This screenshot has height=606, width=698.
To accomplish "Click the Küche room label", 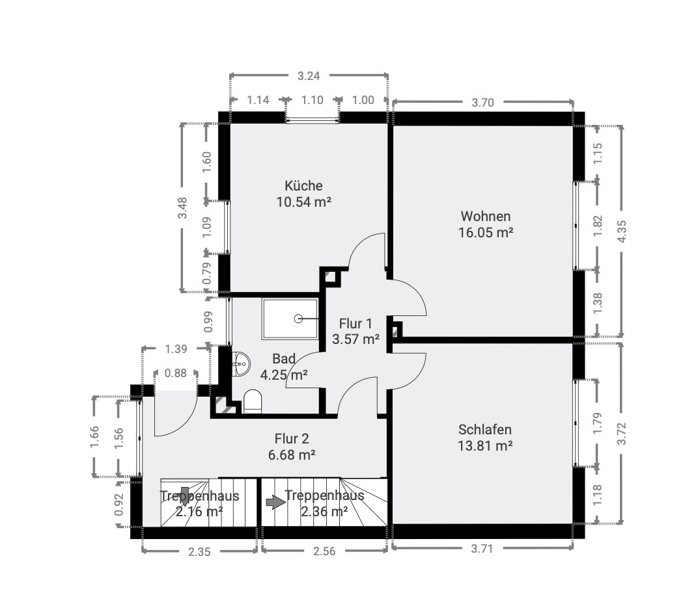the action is click(303, 185).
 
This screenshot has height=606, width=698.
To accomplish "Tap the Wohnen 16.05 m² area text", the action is click(486, 232).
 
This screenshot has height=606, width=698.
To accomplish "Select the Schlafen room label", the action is click(485, 430).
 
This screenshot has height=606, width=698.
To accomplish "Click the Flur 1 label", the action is click(356, 323).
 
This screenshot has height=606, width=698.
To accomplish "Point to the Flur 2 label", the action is click(292, 439).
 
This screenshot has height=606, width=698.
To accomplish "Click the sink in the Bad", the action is click(241, 363).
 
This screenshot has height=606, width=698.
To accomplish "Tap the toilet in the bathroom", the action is click(253, 401).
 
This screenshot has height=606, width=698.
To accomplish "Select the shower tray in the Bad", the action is click(290, 319).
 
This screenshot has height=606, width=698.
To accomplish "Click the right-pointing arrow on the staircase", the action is click(276, 503).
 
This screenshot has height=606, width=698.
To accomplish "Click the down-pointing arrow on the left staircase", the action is click(185, 495).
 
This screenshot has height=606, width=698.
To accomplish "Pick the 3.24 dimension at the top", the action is click(309, 76).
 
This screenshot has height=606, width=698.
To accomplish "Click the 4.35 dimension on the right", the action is click(622, 231).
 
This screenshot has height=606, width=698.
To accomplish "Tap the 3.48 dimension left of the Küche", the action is click(182, 207).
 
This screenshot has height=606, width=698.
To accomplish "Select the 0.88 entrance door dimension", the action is click(175, 373).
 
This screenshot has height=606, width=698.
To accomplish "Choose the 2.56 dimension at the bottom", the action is click(324, 551).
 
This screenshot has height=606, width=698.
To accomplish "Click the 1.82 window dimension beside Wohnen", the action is click(597, 226).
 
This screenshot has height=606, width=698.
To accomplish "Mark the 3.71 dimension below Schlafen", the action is click(482, 549).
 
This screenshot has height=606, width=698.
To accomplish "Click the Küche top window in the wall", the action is click(312, 119).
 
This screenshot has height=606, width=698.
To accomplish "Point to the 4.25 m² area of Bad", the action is click(284, 375).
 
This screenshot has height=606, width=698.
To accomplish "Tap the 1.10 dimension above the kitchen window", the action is click(312, 100).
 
